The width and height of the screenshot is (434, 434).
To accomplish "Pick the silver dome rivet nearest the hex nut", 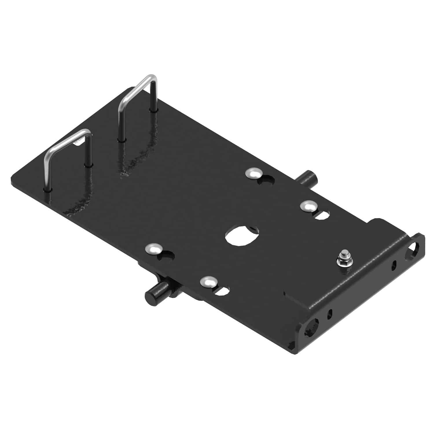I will click(307, 207).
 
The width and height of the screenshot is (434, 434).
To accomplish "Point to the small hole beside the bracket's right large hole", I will click(394, 265).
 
